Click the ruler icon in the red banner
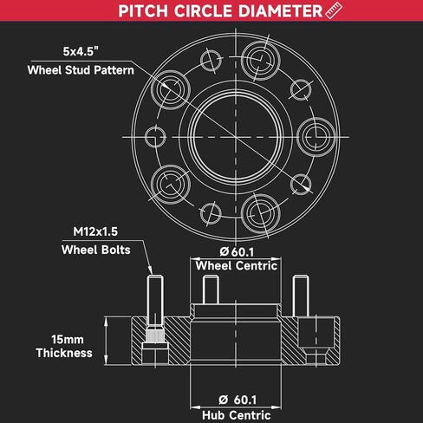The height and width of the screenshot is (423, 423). pos(334,10)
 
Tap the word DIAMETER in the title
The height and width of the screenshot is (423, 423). pos(280,11)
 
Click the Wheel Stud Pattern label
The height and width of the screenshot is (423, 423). pos(81,70)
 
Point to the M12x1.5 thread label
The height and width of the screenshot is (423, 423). pos(95,231)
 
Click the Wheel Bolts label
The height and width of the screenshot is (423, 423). pos(95,250)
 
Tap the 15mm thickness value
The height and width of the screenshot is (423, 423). pos(68,340)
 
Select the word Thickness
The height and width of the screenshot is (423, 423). pos(64,353)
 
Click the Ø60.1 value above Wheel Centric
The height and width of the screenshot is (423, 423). pos(237,251)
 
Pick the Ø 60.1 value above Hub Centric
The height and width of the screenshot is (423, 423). pos(238,400)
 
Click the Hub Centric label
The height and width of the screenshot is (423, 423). pos(237,415)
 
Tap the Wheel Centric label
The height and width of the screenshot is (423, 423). pos(237,266)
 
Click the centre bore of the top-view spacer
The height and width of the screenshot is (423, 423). pos(236,137)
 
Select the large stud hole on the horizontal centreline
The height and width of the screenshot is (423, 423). pos(316,137)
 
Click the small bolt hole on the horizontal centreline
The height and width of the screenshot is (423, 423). pos(155,137)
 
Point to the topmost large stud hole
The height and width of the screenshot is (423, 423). pos(261,61)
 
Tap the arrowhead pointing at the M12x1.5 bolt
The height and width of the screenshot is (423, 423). pos(150,270)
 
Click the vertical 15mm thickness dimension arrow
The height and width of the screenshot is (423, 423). pos(106,341)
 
